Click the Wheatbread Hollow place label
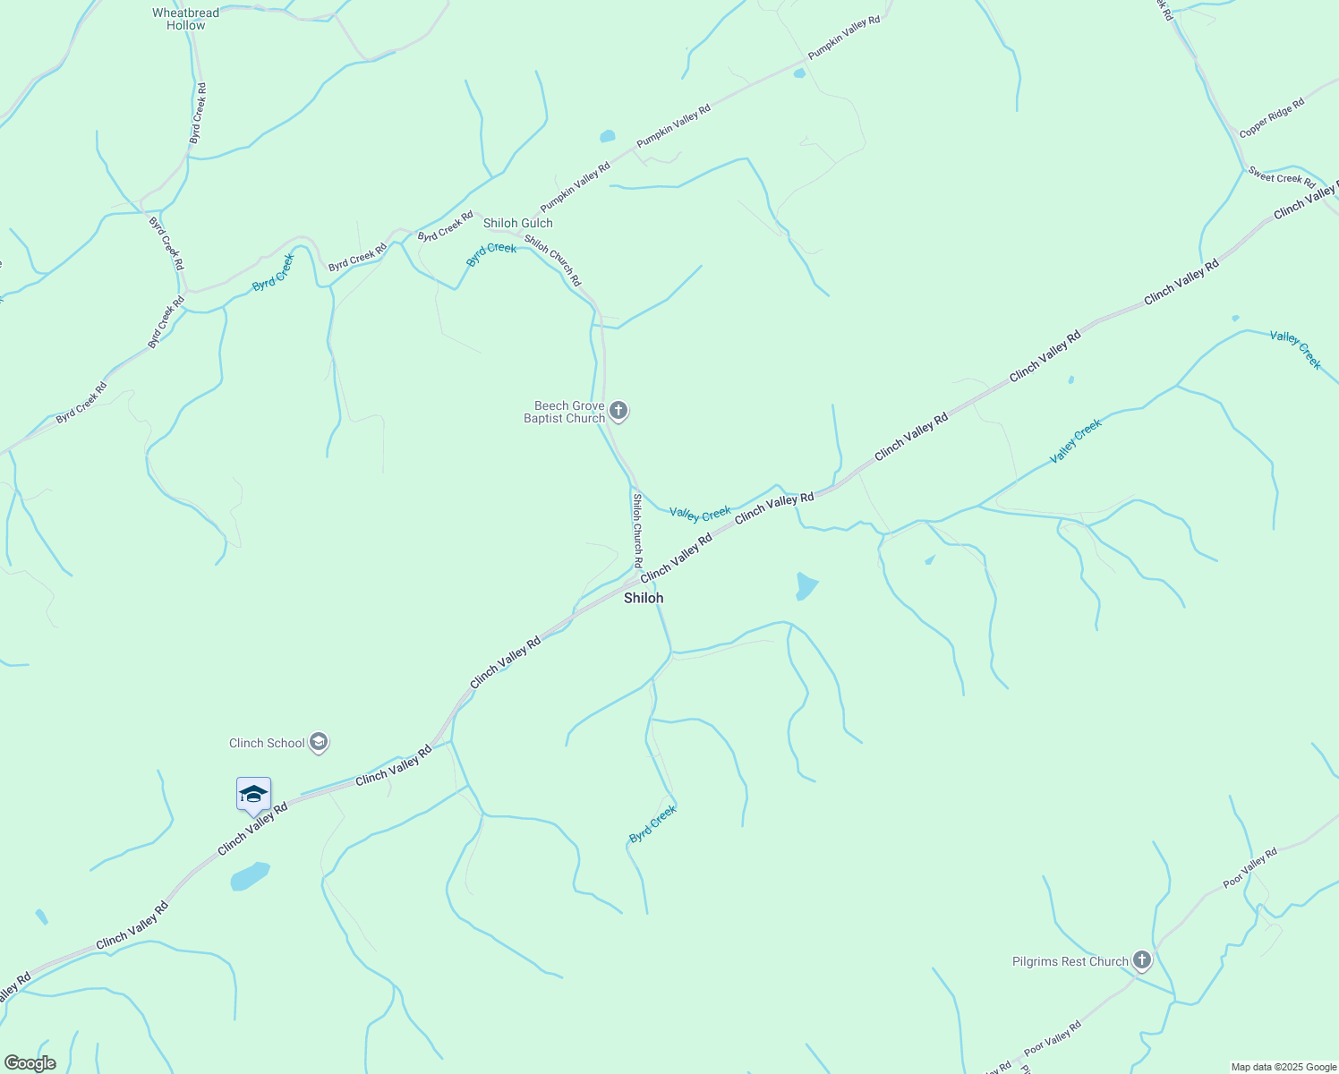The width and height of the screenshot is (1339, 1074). pyautogui.click(x=185, y=19)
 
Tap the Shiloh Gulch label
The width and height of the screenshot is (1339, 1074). pyautogui.click(x=518, y=223)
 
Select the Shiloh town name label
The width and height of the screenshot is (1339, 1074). pyautogui.click(x=644, y=598)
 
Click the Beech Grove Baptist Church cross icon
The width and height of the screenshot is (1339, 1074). pyautogui.click(x=618, y=412)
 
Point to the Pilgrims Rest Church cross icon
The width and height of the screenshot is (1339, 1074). pyautogui.click(x=1141, y=961)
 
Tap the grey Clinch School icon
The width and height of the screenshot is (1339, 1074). pyautogui.click(x=319, y=743)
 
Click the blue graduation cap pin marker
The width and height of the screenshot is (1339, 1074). pyautogui.click(x=253, y=795)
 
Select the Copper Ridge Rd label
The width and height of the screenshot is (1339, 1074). pyautogui.click(x=1271, y=118)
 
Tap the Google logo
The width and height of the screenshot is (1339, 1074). pyautogui.click(x=30, y=1063)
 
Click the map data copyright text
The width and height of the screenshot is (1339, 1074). pyautogui.click(x=1284, y=1067)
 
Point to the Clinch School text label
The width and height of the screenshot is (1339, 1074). pyautogui.click(x=267, y=743)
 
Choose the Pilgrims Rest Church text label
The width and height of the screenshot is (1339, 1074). pyautogui.click(x=1070, y=962)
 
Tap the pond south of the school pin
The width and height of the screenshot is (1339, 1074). pyautogui.click(x=250, y=876)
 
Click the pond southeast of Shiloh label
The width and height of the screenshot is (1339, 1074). pyautogui.click(x=806, y=586)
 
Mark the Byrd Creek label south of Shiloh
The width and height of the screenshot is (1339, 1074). pyautogui.click(x=652, y=824)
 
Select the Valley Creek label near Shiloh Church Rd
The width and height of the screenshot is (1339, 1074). pyautogui.click(x=700, y=514)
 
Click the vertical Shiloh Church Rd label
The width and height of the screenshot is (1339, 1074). pyautogui.click(x=637, y=531)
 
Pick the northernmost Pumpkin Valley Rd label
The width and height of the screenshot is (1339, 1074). pyautogui.click(x=844, y=38)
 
